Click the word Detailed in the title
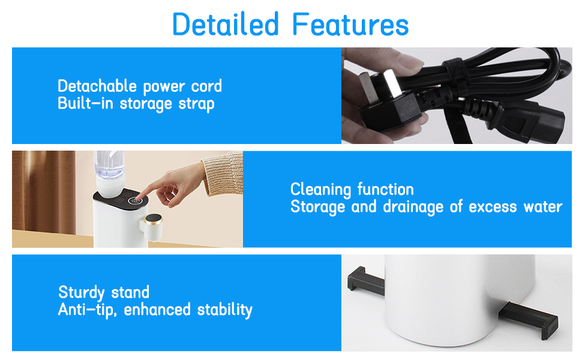[x=225, y=24]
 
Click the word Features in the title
[x=351, y=24]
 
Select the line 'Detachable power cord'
[x=140, y=86]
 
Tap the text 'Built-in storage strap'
[x=136, y=103]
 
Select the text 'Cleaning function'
[x=352, y=190]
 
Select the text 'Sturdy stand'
[x=104, y=293]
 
